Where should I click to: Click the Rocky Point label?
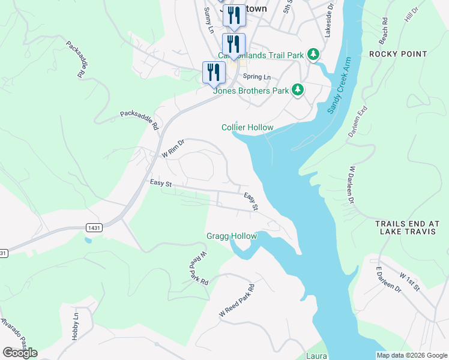click(398, 54)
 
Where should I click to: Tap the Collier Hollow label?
click(247, 127)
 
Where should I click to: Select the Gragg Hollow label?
click(232, 236)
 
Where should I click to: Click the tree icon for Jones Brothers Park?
click(298, 91)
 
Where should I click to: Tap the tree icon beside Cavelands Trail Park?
click(313, 55)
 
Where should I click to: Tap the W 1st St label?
click(411, 282)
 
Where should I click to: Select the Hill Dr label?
click(411, 16)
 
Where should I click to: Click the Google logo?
click(20, 353)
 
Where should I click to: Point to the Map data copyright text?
click(411, 355)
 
